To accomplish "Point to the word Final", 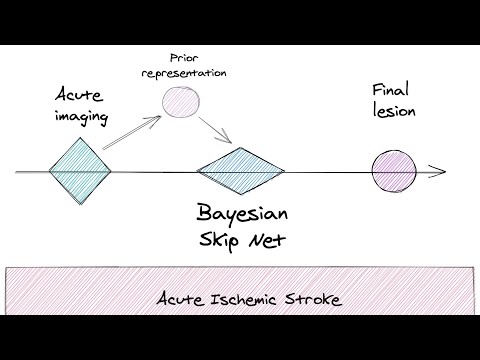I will click(391, 88).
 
